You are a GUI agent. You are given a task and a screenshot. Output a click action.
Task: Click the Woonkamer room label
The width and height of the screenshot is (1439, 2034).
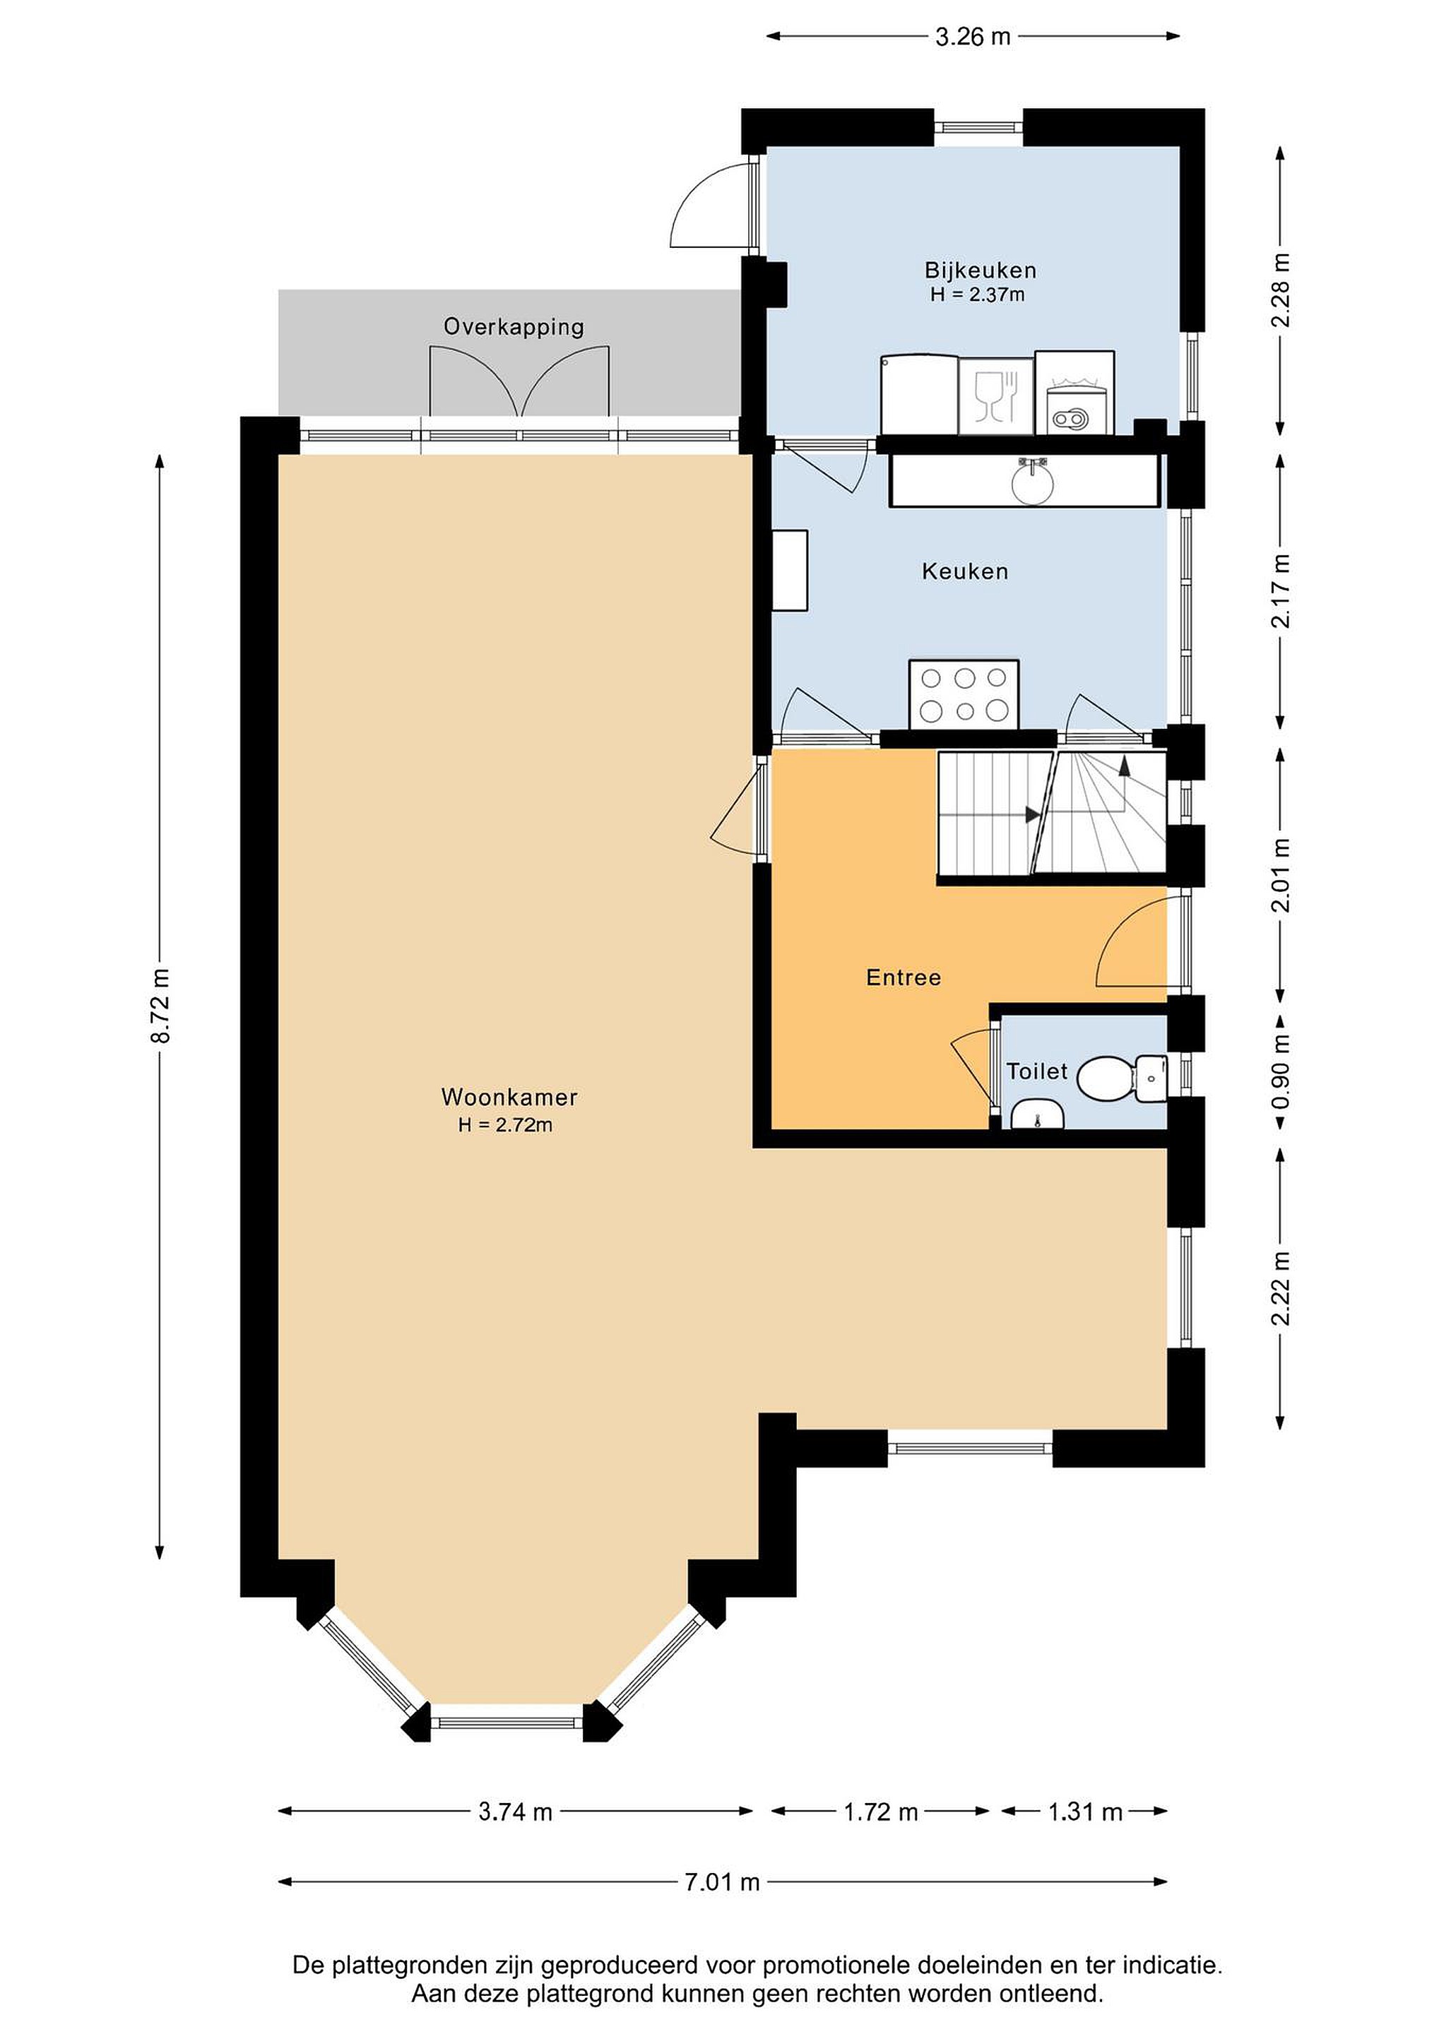click(509, 1097)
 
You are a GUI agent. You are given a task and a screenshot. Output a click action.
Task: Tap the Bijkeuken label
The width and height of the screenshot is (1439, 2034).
click(980, 270)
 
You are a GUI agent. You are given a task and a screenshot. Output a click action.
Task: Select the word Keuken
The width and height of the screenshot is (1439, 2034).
click(965, 571)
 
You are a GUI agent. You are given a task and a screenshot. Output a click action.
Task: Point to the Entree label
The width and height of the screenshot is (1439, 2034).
click(903, 977)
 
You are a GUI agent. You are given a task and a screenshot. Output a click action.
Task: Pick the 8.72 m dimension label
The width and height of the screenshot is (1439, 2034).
click(160, 1006)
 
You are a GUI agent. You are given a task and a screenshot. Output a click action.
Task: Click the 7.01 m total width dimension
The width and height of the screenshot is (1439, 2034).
click(722, 1906)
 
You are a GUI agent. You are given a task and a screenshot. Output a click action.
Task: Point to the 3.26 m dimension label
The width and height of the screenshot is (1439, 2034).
click(973, 36)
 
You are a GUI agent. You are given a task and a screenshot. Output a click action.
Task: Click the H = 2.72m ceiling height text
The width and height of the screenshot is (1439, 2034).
click(505, 1126)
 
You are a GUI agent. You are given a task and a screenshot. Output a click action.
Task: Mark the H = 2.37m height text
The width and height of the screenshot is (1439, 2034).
click(978, 295)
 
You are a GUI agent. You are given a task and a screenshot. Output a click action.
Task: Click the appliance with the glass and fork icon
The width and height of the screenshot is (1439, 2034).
click(996, 396)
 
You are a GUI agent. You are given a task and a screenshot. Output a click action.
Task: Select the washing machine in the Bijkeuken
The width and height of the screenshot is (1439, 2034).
click(1074, 393)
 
